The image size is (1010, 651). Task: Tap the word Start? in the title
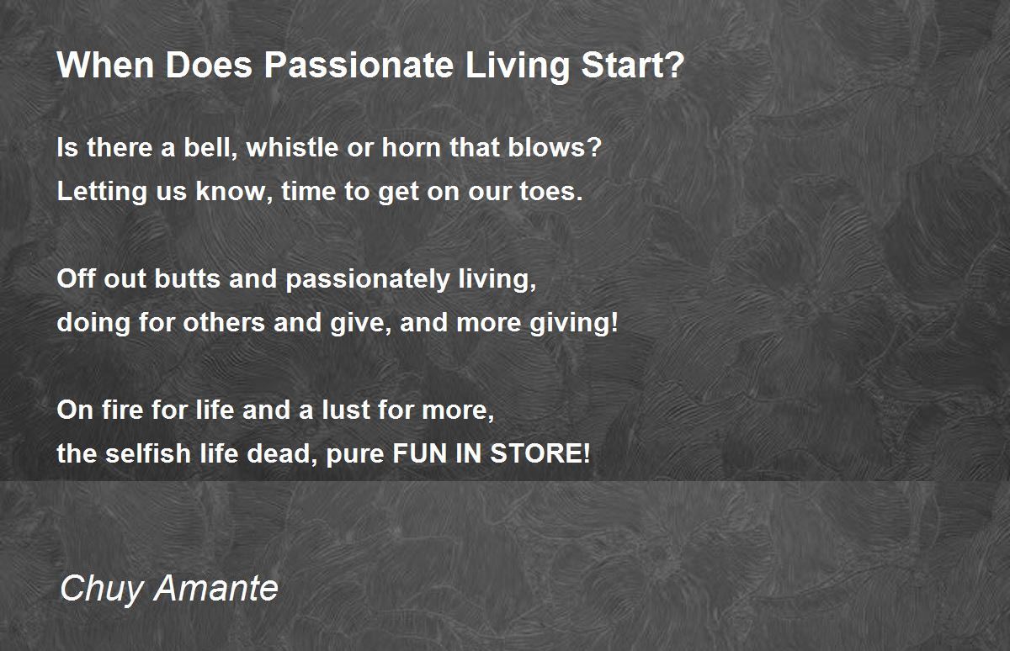click(x=633, y=65)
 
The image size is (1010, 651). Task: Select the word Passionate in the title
click(x=359, y=65)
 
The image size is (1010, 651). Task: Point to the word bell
click(x=210, y=147)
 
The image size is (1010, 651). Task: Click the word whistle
click(x=293, y=147)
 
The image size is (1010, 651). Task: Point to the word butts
click(x=188, y=278)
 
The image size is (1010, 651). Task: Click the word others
click(x=224, y=322)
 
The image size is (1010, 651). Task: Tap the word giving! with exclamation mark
click(x=574, y=324)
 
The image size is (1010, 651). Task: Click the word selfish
click(x=148, y=453)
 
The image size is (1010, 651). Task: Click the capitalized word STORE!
click(x=540, y=453)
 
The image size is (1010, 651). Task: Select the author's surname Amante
click(x=216, y=587)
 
